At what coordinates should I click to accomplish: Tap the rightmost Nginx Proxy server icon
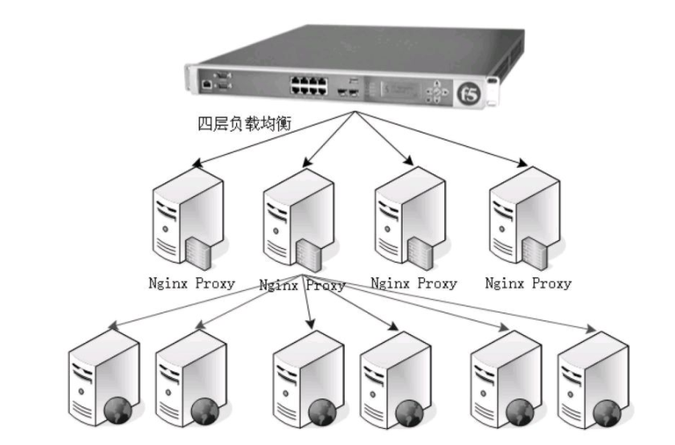click(x=523, y=217)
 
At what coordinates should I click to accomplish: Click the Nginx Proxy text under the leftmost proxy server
click(x=192, y=283)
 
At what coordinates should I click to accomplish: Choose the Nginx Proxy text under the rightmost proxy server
click(x=529, y=283)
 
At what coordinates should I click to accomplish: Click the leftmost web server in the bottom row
click(x=101, y=378)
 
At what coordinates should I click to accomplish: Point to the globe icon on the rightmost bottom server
click(x=609, y=413)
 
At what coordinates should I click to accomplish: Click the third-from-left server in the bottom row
click(x=305, y=378)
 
